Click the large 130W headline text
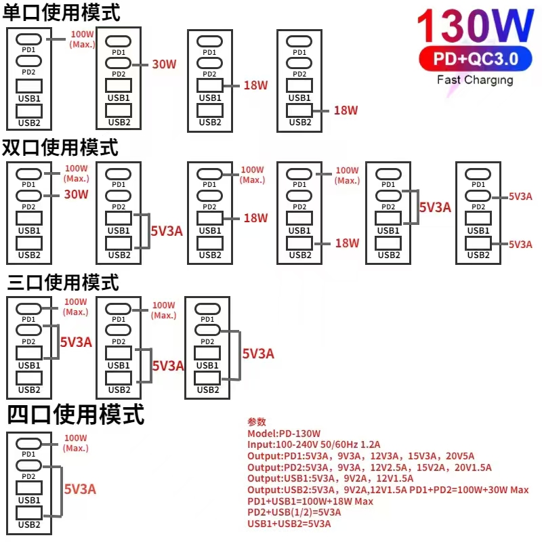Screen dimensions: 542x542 [x=474, y=27]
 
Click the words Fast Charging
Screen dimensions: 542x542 [x=474, y=80]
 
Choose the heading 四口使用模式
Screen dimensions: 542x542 [x=75, y=414]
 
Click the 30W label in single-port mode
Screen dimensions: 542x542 [x=164, y=64]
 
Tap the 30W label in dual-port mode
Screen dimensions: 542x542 [x=76, y=194]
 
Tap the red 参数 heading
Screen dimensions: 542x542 [x=257, y=421]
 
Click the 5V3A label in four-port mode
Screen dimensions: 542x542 [x=80, y=488]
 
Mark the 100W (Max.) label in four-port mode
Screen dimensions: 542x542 [x=76, y=443]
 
